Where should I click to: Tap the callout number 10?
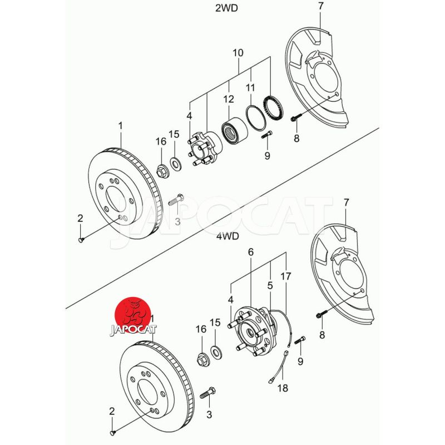pos(238,53)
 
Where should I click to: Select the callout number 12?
pos(229,100)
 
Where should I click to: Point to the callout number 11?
pos(250,87)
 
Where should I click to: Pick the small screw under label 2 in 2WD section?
pos(82,239)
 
